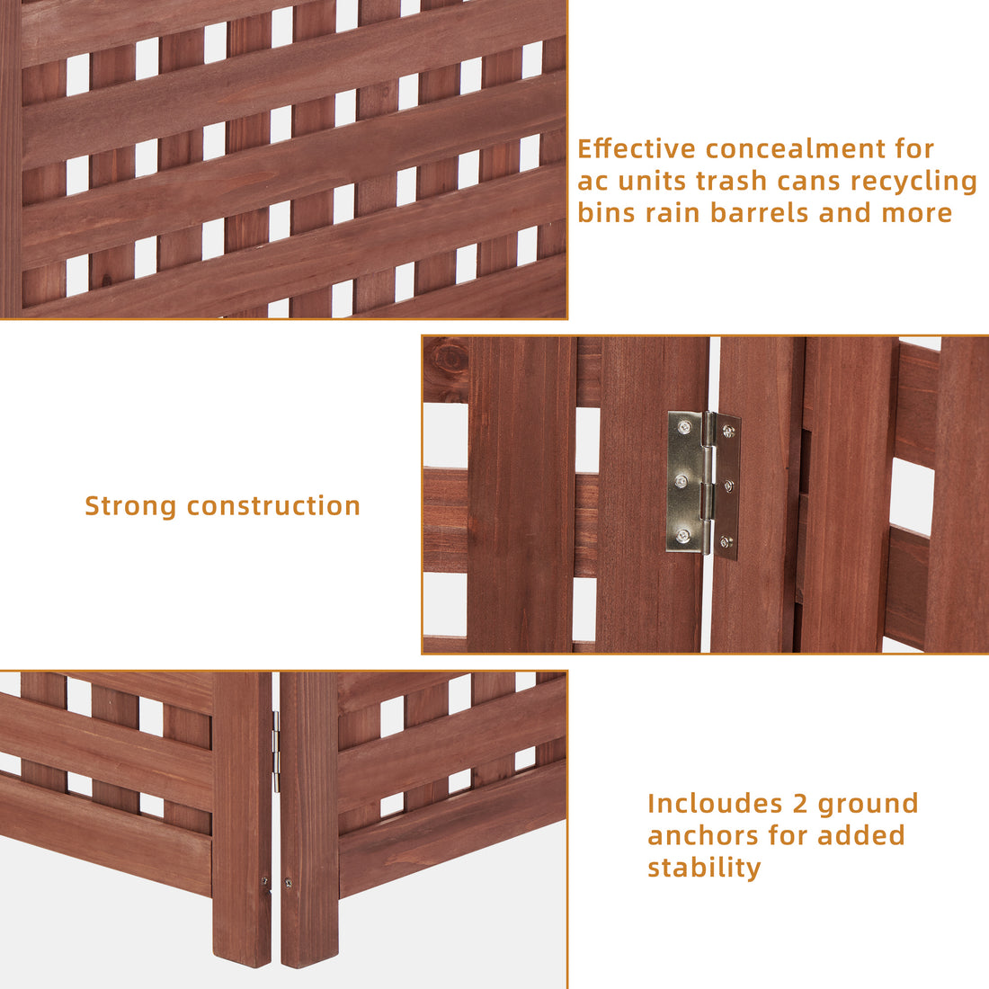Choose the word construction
coord(273,506)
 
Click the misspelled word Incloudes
coord(715,803)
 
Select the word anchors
coord(703,835)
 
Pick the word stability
coord(704,868)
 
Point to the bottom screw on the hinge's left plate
coord(684,536)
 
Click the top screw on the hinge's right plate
coord(726,432)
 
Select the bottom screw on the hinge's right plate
coord(726,541)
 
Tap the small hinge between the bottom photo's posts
coord(276,751)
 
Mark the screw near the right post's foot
coord(288,884)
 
